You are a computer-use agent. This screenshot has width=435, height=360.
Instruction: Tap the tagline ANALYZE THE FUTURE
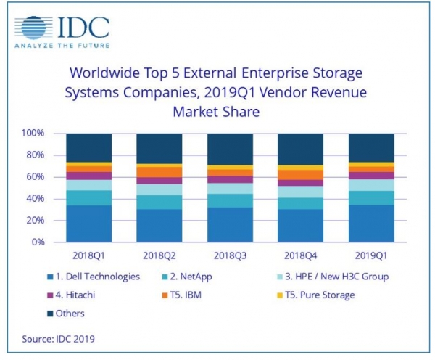(x=62, y=49)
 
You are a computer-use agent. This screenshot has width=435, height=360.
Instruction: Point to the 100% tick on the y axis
(x=33, y=134)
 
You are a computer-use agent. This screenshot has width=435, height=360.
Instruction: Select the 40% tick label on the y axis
(x=36, y=199)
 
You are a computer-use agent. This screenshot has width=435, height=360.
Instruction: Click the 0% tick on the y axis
(x=38, y=242)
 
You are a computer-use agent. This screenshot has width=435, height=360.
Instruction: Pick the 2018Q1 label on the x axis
(x=88, y=256)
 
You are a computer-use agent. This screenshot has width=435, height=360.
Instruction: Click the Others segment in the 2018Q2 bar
(x=159, y=148)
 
